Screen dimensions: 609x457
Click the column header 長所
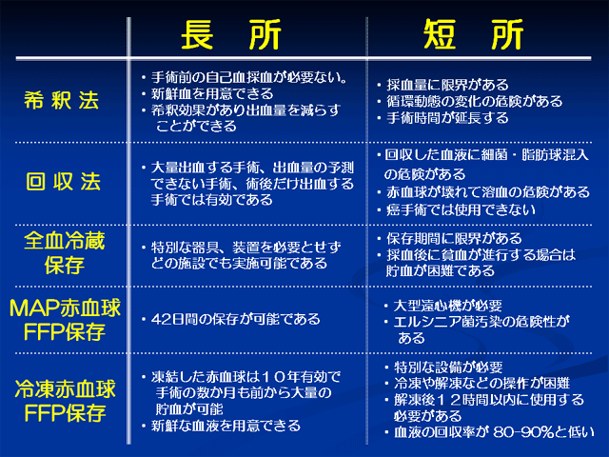[231, 35]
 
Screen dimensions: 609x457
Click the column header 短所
[474, 35]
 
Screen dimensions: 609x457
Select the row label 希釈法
[61, 101]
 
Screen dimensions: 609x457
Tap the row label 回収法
[64, 182]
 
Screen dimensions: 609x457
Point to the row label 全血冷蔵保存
[65, 252]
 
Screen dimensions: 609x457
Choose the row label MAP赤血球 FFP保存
[65, 320]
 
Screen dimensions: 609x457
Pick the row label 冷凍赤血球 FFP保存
[65, 401]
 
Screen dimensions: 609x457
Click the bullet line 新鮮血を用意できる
[212, 93]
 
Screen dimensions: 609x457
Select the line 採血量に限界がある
[447, 85]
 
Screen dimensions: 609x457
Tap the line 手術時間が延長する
[447, 117]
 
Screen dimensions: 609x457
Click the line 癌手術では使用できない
[461, 209]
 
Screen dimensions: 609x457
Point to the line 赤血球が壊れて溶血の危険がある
[488, 192]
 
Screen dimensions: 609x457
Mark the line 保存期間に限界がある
[454, 238]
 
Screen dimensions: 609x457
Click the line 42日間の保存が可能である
[236, 319]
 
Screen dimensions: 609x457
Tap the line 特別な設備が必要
[448, 367]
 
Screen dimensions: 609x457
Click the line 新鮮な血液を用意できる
[226, 426]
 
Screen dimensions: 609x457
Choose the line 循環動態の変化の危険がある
[475, 101]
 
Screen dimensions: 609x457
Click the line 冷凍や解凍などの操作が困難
[482, 383]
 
